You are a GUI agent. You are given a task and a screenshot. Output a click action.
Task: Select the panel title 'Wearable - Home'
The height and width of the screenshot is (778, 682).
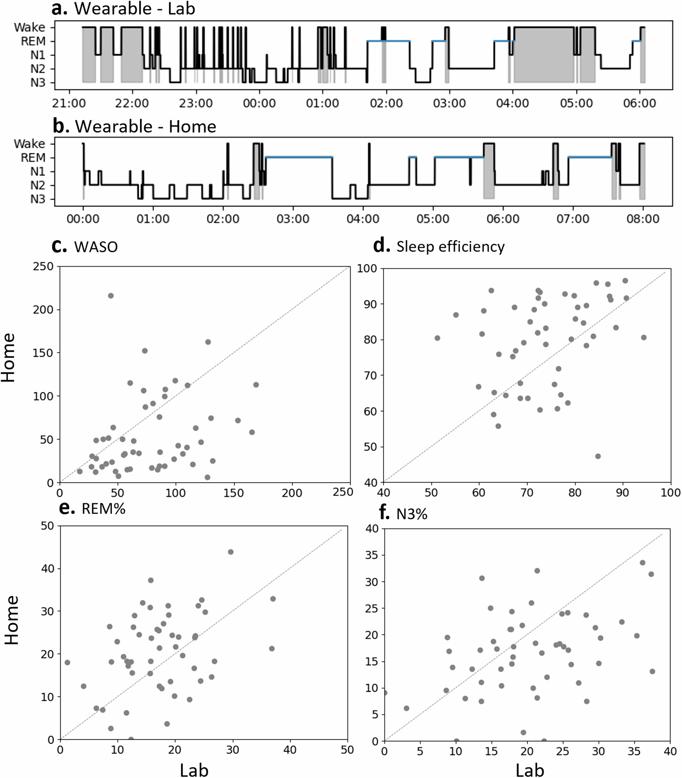[145, 126]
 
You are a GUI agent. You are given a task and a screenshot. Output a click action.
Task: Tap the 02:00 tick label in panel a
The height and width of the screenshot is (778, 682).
[386, 103]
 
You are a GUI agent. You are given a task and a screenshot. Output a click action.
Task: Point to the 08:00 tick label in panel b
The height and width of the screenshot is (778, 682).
[643, 219]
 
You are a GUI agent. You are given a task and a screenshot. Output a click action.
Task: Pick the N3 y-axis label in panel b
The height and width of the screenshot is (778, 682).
[38, 199]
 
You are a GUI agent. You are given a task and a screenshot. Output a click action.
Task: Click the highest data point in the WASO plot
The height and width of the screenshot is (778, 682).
[111, 295]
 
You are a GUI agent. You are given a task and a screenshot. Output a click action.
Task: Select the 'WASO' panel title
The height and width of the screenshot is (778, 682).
[96, 247]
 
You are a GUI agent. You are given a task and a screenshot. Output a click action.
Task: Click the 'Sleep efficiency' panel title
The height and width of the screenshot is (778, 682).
[450, 246]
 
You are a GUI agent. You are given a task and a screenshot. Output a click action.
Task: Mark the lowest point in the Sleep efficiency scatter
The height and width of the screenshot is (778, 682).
[598, 456]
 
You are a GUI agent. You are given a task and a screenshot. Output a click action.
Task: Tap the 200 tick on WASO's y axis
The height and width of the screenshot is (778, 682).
[43, 310]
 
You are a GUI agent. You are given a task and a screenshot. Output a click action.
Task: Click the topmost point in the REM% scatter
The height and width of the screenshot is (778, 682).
[230, 552]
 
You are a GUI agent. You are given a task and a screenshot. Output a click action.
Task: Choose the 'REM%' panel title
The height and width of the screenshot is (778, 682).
[103, 509]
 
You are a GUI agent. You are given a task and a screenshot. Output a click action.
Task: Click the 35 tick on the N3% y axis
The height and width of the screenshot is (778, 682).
[371, 555]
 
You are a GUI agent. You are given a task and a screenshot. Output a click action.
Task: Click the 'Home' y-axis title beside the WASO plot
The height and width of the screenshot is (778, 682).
[8, 358]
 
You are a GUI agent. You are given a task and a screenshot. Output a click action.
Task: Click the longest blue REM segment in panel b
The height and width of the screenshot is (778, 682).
[299, 157]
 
